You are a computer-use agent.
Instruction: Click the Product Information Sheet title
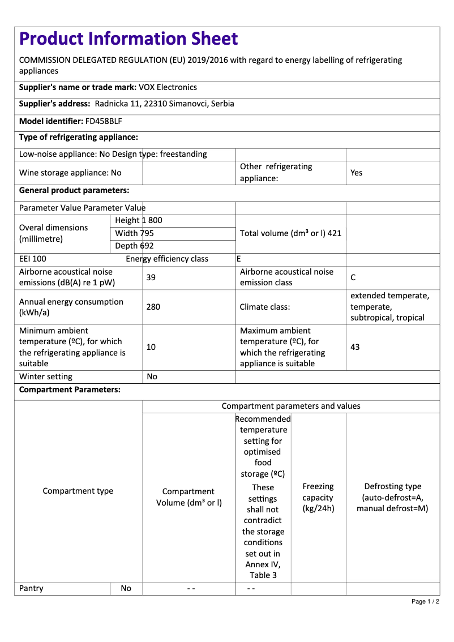tap(129, 38)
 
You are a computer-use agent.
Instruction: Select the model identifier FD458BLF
tap(104, 121)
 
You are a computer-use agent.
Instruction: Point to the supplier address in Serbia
tap(164, 104)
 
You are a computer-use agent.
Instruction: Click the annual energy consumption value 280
tap(153, 307)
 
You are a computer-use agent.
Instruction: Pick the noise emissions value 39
tap(151, 277)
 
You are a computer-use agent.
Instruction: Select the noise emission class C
tap(353, 277)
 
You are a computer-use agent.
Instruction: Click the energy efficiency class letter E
tap(239, 259)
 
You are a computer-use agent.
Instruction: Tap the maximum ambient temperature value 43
tap(355, 347)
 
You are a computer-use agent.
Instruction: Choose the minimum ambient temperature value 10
tap(151, 347)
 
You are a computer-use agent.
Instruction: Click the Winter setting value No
tap(152, 376)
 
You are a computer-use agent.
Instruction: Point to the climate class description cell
tap(390, 307)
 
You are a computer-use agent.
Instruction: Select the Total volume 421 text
tap(290, 233)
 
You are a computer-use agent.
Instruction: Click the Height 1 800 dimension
tap(138, 220)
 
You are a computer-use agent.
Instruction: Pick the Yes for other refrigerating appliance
tap(356, 173)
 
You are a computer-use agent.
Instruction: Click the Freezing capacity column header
tap(318, 498)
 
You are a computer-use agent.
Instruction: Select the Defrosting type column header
tap(392, 498)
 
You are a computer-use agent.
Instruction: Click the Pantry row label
tap(31, 588)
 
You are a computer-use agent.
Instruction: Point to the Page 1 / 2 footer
tap(425, 601)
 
